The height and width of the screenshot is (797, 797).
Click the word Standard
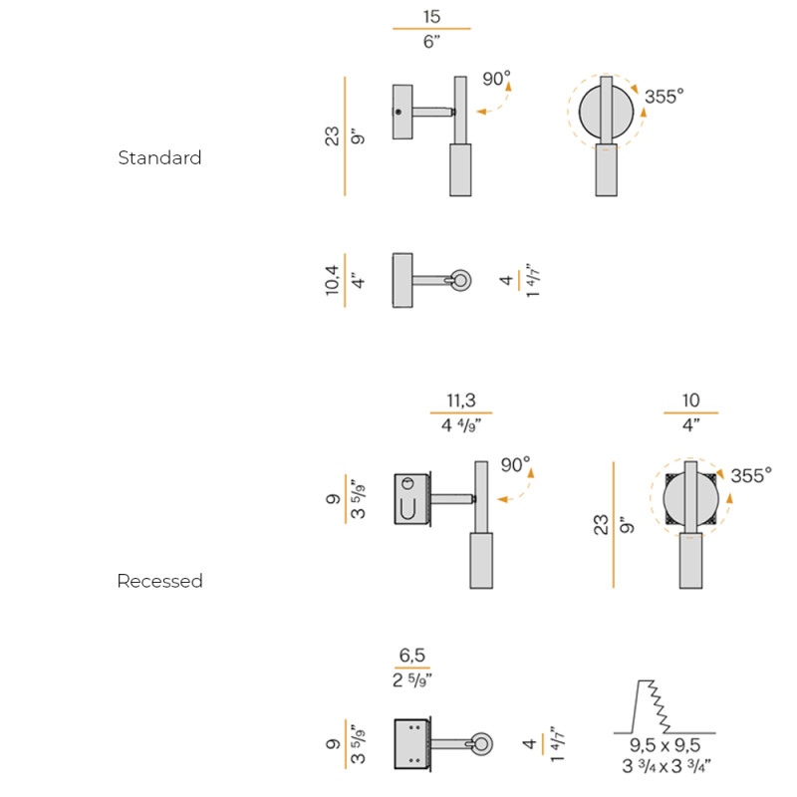[x=159, y=157]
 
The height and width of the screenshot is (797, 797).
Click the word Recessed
[x=159, y=581]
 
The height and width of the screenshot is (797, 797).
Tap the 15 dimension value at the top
[x=431, y=17]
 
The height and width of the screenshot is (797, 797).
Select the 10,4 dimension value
[x=332, y=280]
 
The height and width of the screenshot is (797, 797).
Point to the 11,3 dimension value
[x=460, y=400]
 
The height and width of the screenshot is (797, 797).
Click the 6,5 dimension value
[x=412, y=656]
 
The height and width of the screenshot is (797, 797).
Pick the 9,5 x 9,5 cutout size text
[x=664, y=745]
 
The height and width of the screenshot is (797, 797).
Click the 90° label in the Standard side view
[x=496, y=79]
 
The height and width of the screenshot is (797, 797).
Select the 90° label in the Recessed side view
[x=515, y=464]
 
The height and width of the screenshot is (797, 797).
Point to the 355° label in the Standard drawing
[x=664, y=97]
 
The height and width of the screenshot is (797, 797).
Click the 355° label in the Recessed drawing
[x=750, y=476]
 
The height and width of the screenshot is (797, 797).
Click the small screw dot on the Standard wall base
[x=399, y=112]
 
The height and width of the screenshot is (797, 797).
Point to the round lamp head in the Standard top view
[x=461, y=280]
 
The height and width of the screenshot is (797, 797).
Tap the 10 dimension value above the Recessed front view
[x=690, y=400]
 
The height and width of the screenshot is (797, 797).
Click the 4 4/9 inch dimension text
[x=461, y=426]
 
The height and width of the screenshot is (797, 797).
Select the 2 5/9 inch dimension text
[x=412, y=680]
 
